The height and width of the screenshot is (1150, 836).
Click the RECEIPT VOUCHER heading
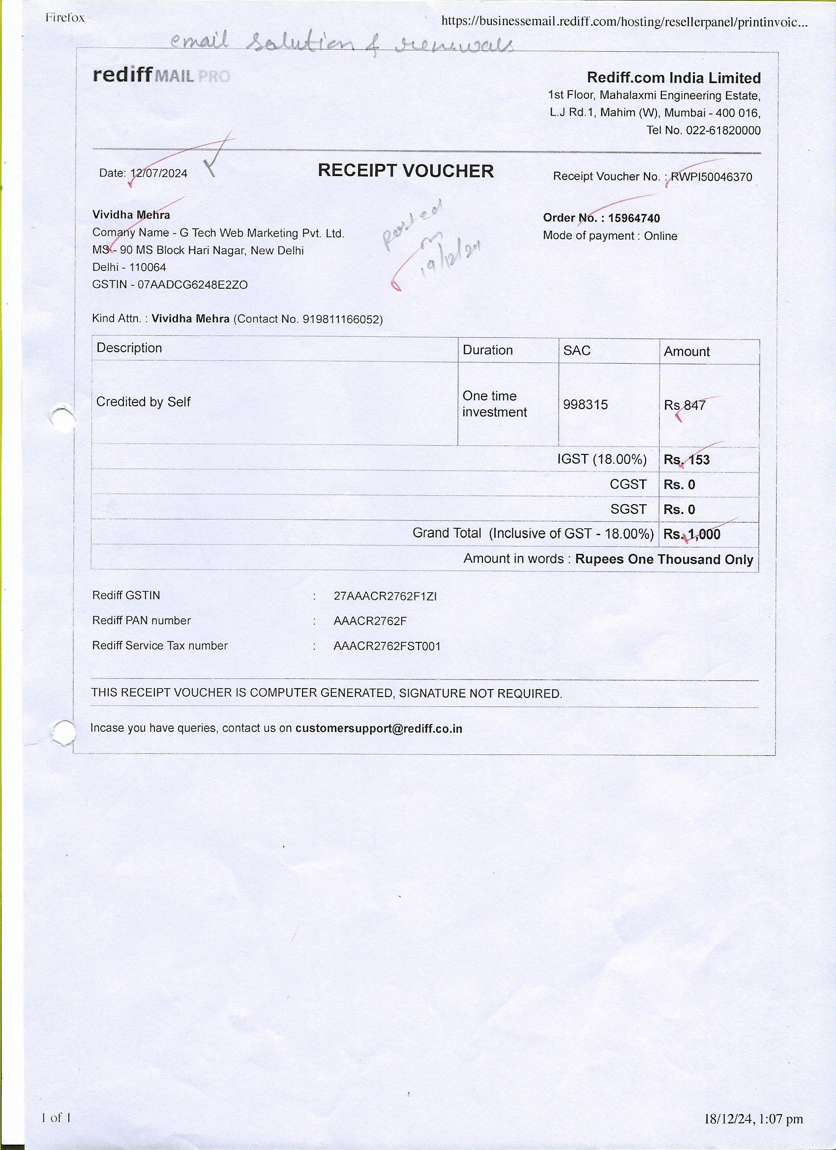[406, 171]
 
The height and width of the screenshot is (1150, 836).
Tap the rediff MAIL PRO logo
[161, 76]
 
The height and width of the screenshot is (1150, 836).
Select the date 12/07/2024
[159, 174]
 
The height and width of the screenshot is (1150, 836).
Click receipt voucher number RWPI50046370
[711, 177]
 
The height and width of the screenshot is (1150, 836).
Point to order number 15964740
[634, 218]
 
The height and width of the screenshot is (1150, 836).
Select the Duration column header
[488, 350]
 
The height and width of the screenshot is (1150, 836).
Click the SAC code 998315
[585, 405]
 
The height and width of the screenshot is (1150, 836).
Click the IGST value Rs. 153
[687, 460]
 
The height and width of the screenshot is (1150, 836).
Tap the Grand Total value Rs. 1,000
[691, 534]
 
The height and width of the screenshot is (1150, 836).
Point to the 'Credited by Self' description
[143, 402]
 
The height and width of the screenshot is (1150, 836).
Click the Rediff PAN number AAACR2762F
[370, 621]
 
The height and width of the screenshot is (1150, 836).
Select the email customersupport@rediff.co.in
[379, 728]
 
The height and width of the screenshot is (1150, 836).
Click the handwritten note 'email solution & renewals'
[342, 45]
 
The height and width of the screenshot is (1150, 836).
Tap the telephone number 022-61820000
[723, 130]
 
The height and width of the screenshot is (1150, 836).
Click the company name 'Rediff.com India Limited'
[673, 78]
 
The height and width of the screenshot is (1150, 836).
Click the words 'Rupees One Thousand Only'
[664, 559]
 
